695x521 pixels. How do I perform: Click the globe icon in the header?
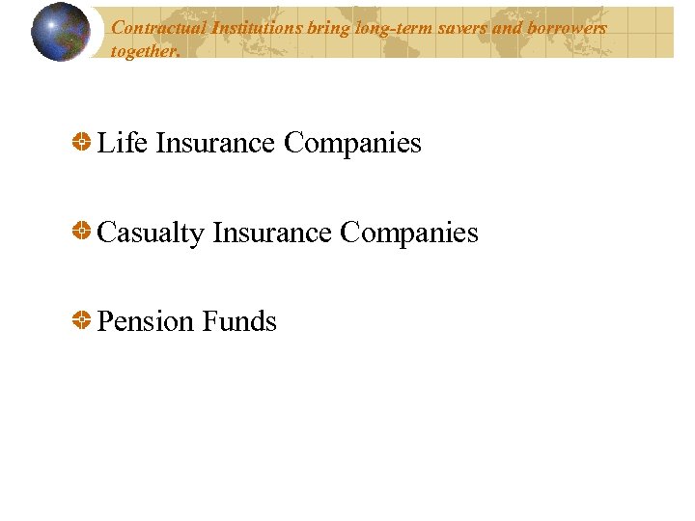(x=61, y=32)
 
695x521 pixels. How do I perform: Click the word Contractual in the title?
(x=153, y=28)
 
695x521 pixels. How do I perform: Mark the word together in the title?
(x=145, y=51)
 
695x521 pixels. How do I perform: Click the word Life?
(x=123, y=143)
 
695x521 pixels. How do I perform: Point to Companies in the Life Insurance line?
(x=352, y=144)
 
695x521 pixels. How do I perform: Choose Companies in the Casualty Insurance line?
(x=409, y=233)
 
